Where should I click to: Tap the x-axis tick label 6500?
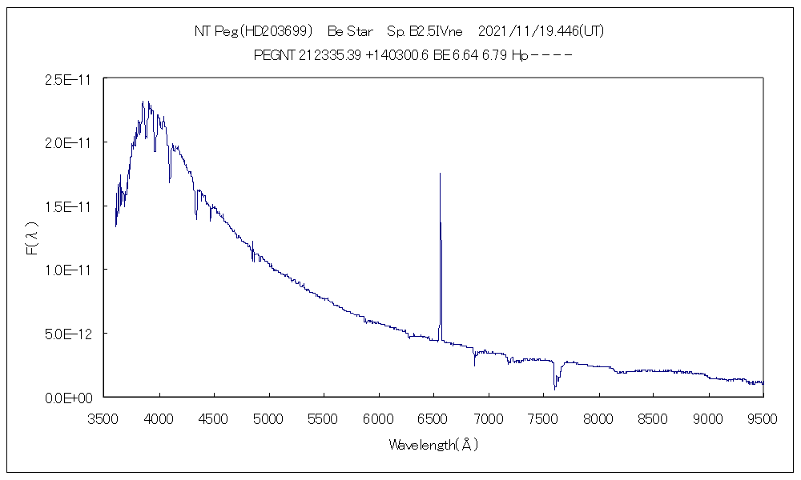click(433, 418)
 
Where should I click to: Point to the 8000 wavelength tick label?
click(598, 418)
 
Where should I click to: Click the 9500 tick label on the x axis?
click(763, 418)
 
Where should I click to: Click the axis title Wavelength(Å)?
click(433, 445)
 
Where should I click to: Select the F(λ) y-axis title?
click(33, 238)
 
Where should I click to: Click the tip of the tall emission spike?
click(440, 174)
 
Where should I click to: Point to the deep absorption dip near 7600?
click(555, 387)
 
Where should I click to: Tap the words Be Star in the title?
click(351, 31)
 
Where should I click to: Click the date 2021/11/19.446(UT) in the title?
click(541, 31)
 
